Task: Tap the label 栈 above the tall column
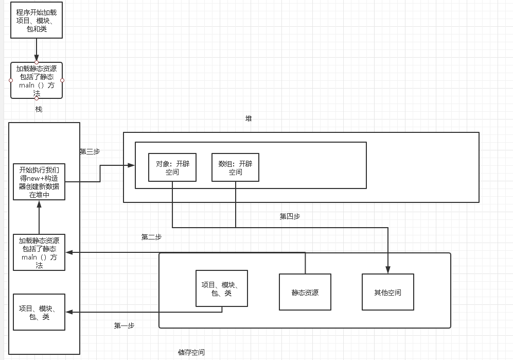pos(39,109)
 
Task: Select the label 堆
pos(249,118)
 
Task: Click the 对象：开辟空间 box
pos(172,167)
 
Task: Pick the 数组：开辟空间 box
pos(235,167)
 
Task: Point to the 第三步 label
pos(90,151)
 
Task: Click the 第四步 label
pos(290,216)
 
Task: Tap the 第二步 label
pos(151,237)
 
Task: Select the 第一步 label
pos(124,325)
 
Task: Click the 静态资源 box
pos(305,292)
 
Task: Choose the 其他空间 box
pos(387,292)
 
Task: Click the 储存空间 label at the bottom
pos(191,353)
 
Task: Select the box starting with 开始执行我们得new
pos(39,182)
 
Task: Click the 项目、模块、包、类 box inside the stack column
pos(39,312)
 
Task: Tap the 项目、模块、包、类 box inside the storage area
pos(222,288)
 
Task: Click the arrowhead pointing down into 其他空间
pos(388,269)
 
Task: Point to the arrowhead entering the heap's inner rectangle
pos(131,165)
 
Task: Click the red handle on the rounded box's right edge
pos(62,80)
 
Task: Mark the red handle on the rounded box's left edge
pos(11,80)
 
